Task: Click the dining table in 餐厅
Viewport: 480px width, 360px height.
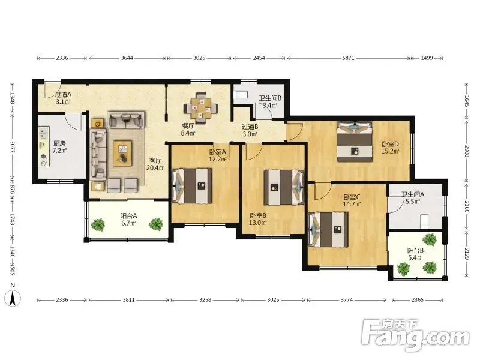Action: [x=201, y=108]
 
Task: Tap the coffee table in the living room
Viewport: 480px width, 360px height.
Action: [x=122, y=154]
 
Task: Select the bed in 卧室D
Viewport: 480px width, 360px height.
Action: [x=355, y=141]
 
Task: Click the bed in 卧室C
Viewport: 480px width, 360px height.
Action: [x=328, y=230]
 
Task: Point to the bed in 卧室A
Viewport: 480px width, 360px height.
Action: [x=192, y=186]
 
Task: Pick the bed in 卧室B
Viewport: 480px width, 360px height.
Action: [x=284, y=187]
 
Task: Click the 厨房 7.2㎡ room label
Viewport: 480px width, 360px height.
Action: [x=59, y=147]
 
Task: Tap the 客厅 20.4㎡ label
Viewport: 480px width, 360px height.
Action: [x=155, y=164]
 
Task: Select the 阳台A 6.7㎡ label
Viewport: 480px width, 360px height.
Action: [x=128, y=220]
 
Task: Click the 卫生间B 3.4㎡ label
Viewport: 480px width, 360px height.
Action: [x=270, y=102]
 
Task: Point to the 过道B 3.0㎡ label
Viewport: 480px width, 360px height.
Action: [x=250, y=130]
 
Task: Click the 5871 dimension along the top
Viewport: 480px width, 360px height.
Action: [x=349, y=58]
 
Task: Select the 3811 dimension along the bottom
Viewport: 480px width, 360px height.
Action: [x=128, y=299]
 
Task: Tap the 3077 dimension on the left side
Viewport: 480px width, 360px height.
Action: [x=13, y=147]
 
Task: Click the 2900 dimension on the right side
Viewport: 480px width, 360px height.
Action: [x=467, y=151]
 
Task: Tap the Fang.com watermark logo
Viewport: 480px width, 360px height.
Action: [x=415, y=335]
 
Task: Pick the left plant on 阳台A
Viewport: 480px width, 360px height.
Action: [x=98, y=224]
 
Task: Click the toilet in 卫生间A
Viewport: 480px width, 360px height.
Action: [x=424, y=222]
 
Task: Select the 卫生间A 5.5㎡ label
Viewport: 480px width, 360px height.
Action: [x=413, y=198]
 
